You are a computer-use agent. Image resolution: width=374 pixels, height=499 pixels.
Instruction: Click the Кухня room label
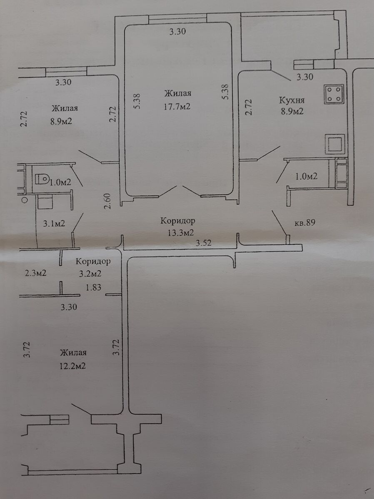tap(292, 100)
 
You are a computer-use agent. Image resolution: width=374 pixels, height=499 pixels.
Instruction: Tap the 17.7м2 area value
tap(177, 106)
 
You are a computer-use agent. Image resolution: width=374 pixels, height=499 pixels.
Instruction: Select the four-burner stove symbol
tap(334, 94)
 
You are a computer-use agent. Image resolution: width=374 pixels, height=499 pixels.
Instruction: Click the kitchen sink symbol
tap(334, 144)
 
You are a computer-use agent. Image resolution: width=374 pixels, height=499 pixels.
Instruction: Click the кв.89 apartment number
tap(305, 223)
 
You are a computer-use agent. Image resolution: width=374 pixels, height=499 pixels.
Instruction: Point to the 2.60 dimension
tap(108, 201)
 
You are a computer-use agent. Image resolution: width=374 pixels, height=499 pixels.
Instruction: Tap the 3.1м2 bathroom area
tap(54, 223)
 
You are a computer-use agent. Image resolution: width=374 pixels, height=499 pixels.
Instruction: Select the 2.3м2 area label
tap(35, 273)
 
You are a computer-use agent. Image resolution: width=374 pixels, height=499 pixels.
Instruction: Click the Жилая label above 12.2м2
tap(73, 353)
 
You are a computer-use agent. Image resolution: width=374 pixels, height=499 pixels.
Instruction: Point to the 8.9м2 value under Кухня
tap(292, 111)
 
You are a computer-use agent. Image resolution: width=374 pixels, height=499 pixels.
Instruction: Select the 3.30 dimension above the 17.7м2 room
tap(178, 31)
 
